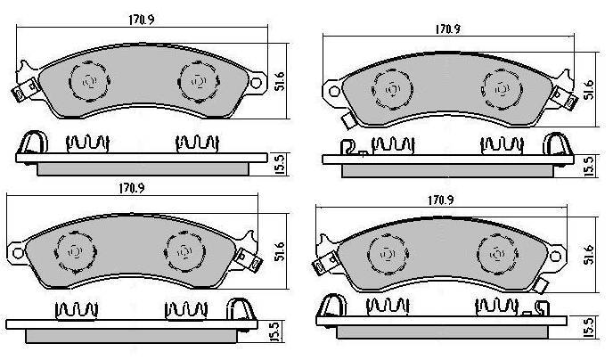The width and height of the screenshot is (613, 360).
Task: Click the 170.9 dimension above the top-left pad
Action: click(142, 20)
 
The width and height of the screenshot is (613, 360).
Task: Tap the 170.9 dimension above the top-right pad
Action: click(447, 29)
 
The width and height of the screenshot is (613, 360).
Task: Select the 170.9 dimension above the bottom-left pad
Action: click(132, 188)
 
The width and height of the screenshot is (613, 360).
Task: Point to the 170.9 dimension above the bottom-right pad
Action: click(440, 200)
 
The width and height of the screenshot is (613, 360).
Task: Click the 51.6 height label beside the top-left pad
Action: click(280, 81)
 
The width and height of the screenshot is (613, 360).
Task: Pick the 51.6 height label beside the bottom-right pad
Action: click(589, 255)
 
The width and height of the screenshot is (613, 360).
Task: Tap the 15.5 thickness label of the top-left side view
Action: click(280, 165)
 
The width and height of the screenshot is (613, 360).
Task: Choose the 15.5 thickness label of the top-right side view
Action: click(589, 166)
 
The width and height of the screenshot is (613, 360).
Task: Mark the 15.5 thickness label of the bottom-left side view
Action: click(275, 331)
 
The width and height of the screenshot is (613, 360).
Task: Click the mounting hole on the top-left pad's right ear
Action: click(256, 83)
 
